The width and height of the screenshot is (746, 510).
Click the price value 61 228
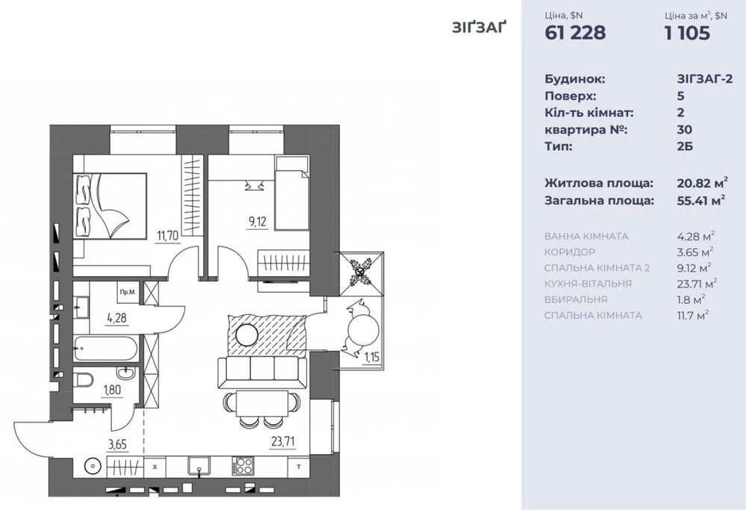(x=575, y=33)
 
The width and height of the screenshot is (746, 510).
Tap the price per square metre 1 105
(x=688, y=33)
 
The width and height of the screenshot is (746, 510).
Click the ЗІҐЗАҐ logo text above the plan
(x=479, y=28)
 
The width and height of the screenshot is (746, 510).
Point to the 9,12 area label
(x=257, y=223)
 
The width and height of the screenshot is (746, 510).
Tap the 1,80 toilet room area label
(x=112, y=390)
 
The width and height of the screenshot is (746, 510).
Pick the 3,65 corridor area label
(x=117, y=445)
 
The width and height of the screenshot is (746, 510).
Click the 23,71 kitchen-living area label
(x=283, y=441)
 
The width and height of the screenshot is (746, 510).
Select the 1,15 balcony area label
(x=372, y=356)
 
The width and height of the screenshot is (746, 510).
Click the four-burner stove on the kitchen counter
(x=243, y=466)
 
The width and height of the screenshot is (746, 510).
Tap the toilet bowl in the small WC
(x=84, y=381)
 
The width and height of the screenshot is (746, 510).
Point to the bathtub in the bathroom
(x=105, y=348)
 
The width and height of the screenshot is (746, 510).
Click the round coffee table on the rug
(x=247, y=335)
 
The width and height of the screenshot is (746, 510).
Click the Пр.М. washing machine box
(x=128, y=292)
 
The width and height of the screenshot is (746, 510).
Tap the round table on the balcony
(x=364, y=329)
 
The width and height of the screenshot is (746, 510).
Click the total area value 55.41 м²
(x=701, y=200)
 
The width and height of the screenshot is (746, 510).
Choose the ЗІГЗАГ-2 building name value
(x=705, y=79)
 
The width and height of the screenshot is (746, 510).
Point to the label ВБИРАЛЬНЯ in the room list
(x=576, y=299)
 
